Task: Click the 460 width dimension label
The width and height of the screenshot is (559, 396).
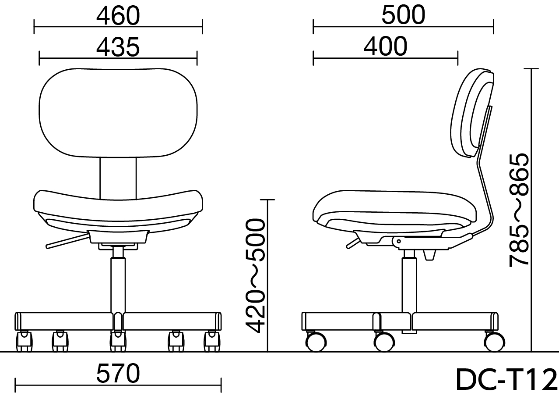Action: click(118, 16)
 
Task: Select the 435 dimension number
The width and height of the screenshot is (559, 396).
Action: click(118, 47)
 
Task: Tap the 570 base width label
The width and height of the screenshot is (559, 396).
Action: click(118, 373)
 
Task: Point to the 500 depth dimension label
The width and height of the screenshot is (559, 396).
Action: click(403, 15)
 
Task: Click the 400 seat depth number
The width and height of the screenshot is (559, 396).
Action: click(386, 47)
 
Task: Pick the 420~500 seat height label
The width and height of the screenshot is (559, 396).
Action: click(255, 276)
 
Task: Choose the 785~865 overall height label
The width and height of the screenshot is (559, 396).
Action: click(519, 210)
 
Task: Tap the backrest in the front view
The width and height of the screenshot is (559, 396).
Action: click(118, 113)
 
